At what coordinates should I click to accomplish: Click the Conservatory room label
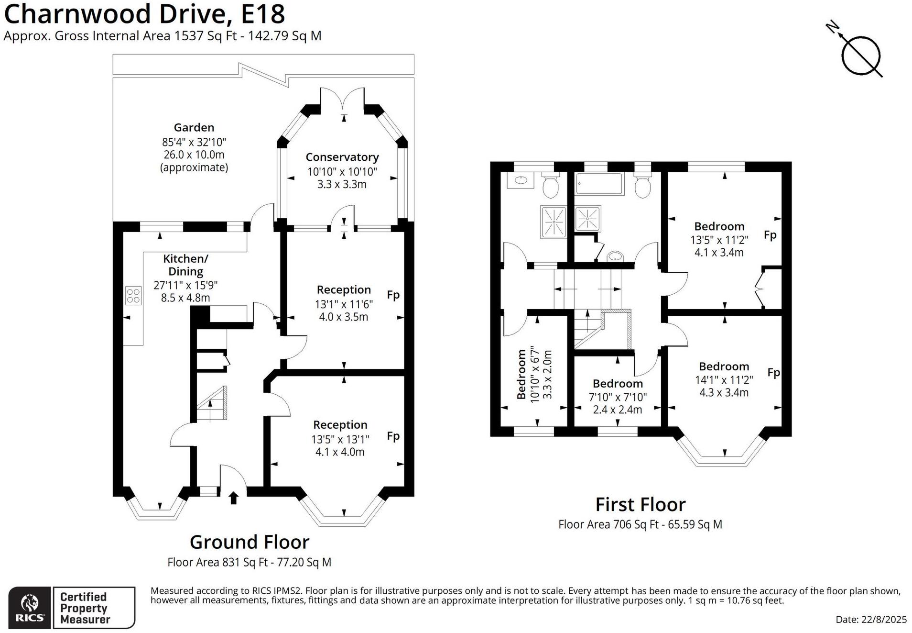click(x=342, y=157)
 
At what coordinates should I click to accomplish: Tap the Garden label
click(x=194, y=127)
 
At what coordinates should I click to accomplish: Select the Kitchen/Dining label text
click(x=185, y=265)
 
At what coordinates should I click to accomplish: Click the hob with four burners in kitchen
click(x=133, y=295)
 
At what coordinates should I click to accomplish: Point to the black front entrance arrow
click(x=234, y=498)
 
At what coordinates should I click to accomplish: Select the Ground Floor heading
click(x=250, y=542)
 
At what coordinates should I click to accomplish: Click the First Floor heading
click(x=641, y=505)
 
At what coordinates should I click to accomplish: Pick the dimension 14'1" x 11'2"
click(x=724, y=379)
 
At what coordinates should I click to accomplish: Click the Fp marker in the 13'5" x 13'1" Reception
click(x=393, y=436)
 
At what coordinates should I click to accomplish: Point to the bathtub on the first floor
click(x=600, y=184)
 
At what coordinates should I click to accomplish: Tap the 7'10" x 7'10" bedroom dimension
click(x=618, y=397)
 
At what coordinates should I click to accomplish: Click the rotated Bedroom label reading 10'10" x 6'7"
click(x=521, y=374)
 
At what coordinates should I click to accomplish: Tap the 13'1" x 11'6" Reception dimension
click(x=344, y=304)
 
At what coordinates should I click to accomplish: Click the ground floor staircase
click(x=211, y=404)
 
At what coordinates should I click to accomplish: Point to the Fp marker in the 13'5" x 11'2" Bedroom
click(x=770, y=235)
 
